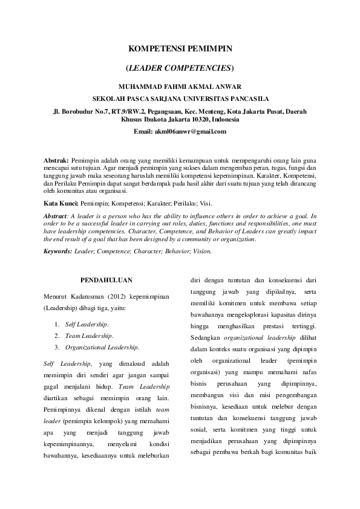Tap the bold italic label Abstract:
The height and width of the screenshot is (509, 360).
pyautogui.click(x=59, y=216)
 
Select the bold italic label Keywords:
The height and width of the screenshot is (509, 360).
pyautogui.click(x=59, y=250)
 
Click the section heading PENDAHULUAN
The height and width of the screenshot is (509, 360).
pyautogui.click(x=106, y=279)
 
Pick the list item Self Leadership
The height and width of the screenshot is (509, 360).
pyautogui.click(x=87, y=325)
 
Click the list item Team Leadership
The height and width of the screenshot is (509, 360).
pyautogui.click(x=88, y=336)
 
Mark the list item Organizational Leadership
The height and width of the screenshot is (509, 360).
pyautogui.click(x=102, y=347)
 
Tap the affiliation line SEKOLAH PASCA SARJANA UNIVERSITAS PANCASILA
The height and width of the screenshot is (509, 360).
pyautogui.click(x=180, y=97)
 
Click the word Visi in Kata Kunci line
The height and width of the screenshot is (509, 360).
pyautogui.click(x=205, y=203)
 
